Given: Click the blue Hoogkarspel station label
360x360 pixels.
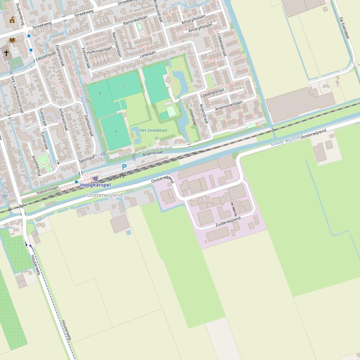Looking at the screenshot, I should (95, 185).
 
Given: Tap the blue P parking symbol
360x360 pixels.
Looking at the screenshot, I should (124, 167).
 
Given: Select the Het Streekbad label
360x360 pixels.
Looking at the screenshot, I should (153, 130).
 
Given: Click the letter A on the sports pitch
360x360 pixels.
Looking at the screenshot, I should (115, 132).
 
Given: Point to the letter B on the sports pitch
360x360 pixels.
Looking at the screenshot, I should (100, 94).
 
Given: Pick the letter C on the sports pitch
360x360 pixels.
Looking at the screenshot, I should (124, 86).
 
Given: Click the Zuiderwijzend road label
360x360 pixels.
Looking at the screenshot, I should (228, 222).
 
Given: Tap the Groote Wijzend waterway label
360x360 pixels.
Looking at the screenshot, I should (285, 141).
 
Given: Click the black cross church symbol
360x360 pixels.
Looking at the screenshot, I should (7, 53).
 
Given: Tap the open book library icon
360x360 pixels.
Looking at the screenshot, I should (12, 40).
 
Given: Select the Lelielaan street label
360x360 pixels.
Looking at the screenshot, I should (147, 54).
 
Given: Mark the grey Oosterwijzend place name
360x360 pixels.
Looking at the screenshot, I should (104, 195).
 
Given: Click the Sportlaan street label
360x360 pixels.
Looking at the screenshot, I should (87, 159).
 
